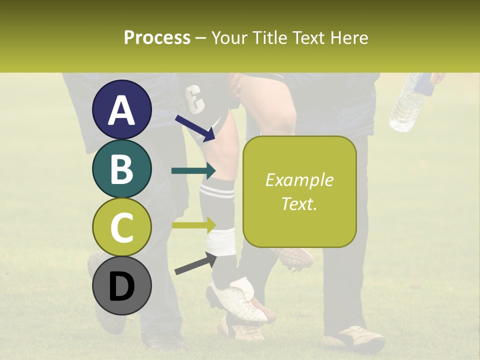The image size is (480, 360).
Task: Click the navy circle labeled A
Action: [121, 109]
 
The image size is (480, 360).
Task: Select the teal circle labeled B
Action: [121, 168]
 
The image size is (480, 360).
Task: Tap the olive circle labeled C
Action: [121, 227]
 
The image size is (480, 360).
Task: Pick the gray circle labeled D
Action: [121, 286]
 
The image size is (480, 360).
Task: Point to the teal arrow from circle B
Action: [193, 171]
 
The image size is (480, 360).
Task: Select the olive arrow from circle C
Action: [193, 225]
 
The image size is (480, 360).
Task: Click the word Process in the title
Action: [157, 37]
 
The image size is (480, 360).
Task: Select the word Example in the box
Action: [299, 180]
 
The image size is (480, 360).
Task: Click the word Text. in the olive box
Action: [299, 203]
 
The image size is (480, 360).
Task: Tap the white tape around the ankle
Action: [221, 242]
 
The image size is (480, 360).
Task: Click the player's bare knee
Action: [280, 112]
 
